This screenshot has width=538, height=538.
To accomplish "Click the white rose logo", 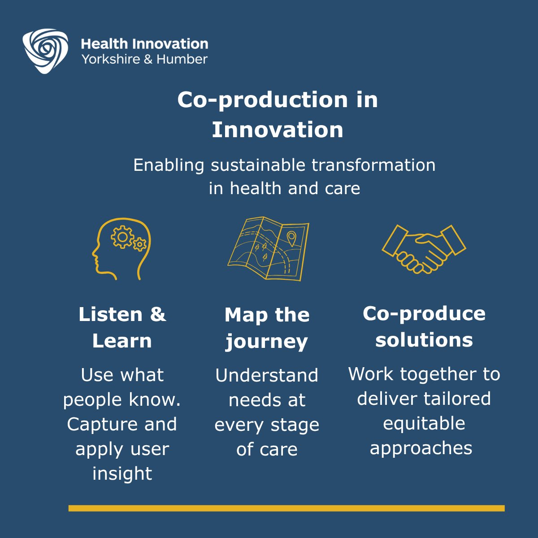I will click(45, 51).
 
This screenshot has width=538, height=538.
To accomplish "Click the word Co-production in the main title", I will click(262, 100).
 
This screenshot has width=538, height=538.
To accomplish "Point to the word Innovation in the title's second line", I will click(278, 130).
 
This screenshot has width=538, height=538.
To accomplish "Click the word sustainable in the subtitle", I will click(259, 165).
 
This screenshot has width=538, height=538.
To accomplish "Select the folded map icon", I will click(268, 249).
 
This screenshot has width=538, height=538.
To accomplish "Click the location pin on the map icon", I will click(291, 238).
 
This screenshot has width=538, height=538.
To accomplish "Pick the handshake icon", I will click(424, 249).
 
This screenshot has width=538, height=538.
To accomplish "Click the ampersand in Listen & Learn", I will click(157, 314).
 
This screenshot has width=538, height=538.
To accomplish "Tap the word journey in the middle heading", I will click(267, 342).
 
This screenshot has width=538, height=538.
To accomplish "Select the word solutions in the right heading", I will click(424, 340).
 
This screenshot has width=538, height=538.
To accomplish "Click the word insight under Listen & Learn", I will click(122, 473).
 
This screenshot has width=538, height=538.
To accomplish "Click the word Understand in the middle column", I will click(267, 375).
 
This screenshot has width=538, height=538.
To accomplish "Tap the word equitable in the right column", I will click(424, 424).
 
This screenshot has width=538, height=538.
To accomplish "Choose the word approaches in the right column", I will click(421, 448).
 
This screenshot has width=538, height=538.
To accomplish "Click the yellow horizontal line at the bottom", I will click(286, 508).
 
